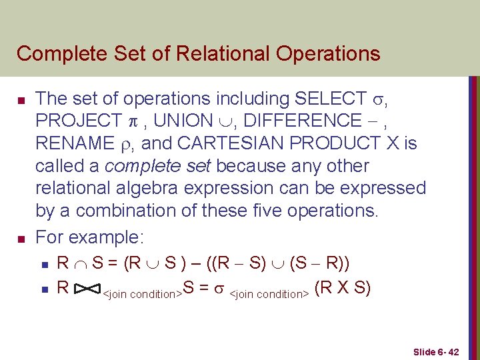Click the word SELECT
(329, 99)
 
